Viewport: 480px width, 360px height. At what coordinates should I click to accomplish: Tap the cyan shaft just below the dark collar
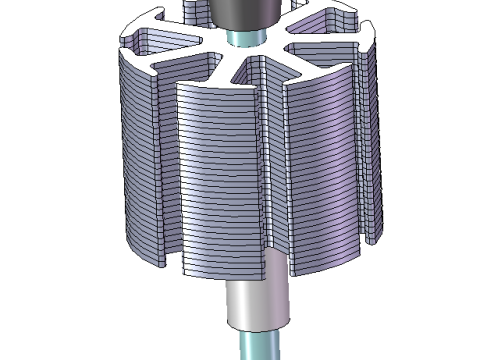tap(241, 37)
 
